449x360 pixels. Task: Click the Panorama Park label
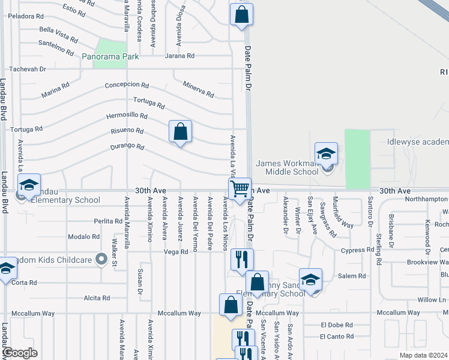click(110, 57)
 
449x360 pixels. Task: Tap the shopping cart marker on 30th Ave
click(240, 189)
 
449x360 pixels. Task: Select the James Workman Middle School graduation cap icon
click(326, 154)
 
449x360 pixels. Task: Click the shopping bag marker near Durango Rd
click(180, 131)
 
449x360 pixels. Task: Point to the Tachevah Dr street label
click(26, 69)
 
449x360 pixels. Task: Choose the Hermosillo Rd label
click(127, 115)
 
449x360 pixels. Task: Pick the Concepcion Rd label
click(126, 85)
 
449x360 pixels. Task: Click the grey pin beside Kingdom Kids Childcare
click(101, 260)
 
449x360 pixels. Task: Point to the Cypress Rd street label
click(357, 250)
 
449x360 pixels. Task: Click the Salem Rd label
click(352, 276)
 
